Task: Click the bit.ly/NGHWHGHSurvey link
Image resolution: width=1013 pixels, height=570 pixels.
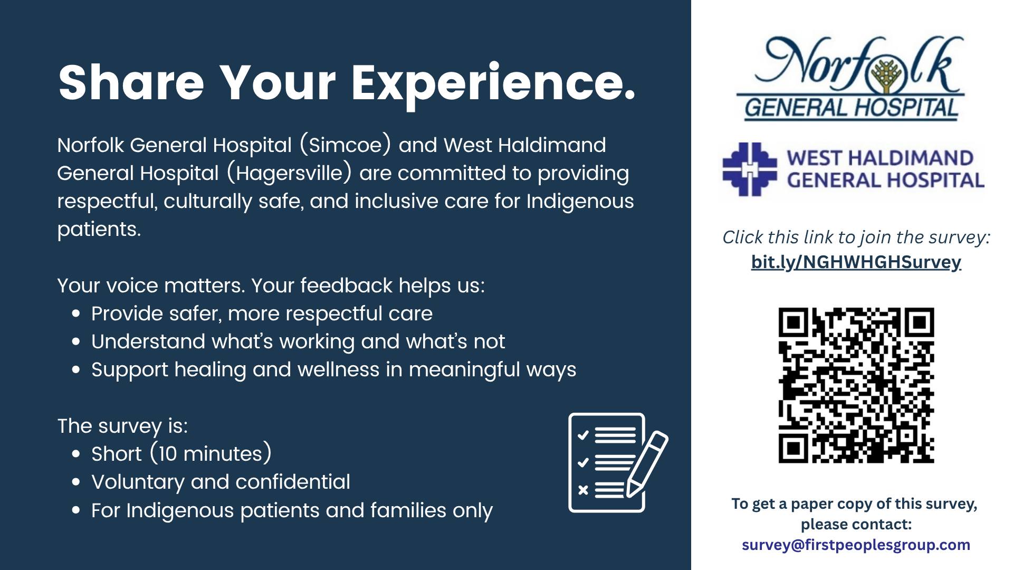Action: point(856,262)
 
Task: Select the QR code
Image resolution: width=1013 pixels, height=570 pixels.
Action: point(856,385)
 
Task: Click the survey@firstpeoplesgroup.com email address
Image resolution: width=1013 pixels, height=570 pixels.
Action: point(856,545)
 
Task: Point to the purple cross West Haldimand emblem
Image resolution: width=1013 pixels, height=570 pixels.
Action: point(749,169)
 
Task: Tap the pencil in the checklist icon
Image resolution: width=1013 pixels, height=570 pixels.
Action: point(647,464)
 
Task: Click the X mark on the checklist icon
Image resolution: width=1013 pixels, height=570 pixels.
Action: point(583,490)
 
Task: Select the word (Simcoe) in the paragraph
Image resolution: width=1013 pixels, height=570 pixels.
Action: point(346,145)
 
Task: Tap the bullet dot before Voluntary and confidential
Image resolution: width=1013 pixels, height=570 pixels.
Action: point(77,482)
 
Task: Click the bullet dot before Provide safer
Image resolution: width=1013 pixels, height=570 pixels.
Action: point(77,313)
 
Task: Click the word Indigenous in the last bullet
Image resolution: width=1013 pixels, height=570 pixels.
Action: point(180,511)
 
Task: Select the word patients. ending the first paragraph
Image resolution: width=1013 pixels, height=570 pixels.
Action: point(99,230)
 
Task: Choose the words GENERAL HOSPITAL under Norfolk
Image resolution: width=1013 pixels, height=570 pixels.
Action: point(850,108)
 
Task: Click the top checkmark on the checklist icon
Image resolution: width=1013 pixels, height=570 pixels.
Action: point(583,435)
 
